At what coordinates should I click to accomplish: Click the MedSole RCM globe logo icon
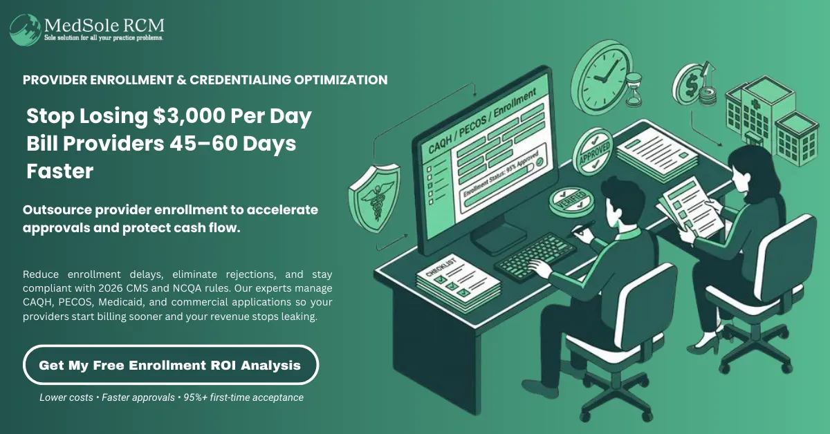pyautogui.click(x=25, y=30)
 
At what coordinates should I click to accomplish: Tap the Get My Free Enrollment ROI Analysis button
pyautogui.click(x=171, y=365)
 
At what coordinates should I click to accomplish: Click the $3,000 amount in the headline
pyautogui.click(x=189, y=115)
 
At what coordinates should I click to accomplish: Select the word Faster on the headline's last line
pyautogui.click(x=60, y=171)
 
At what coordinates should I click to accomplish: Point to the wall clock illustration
pyautogui.click(x=601, y=78)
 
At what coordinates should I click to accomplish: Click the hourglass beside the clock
pyautogui.click(x=634, y=89)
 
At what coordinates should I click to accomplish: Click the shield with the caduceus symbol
pyautogui.click(x=374, y=197)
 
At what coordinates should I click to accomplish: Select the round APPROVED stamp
pyautogui.click(x=593, y=152)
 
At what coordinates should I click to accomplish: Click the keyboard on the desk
pyautogui.click(x=535, y=256)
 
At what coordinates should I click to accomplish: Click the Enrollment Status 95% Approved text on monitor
pyautogui.click(x=500, y=174)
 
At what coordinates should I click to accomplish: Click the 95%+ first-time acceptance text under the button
pyautogui.click(x=243, y=397)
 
